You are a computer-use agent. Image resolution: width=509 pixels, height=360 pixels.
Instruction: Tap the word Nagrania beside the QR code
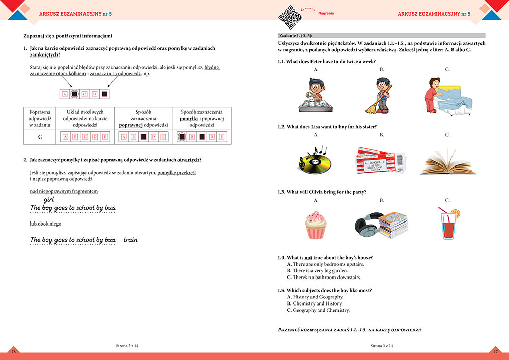[x=326, y=13]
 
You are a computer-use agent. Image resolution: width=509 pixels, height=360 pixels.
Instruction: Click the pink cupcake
[x=316, y=225]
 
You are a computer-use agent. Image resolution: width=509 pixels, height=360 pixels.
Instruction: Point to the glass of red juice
[x=448, y=224]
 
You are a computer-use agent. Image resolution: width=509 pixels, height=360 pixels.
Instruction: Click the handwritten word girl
[x=49, y=200]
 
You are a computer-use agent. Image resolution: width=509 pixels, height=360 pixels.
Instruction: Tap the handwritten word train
[x=130, y=240]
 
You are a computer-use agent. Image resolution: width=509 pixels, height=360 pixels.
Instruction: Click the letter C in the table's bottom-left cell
[x=40, y=137]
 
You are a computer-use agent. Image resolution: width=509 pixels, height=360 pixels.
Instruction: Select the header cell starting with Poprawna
[x=40, y=118]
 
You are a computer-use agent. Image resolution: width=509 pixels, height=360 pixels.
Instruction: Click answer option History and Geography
[x=318, y=297]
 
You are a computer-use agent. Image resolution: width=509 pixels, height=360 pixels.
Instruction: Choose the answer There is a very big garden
[x=321, y=271]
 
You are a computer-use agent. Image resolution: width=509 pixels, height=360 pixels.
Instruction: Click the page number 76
[x=14, y=352]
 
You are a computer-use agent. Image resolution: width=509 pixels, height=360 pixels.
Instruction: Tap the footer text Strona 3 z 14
[x=382, y=346]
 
